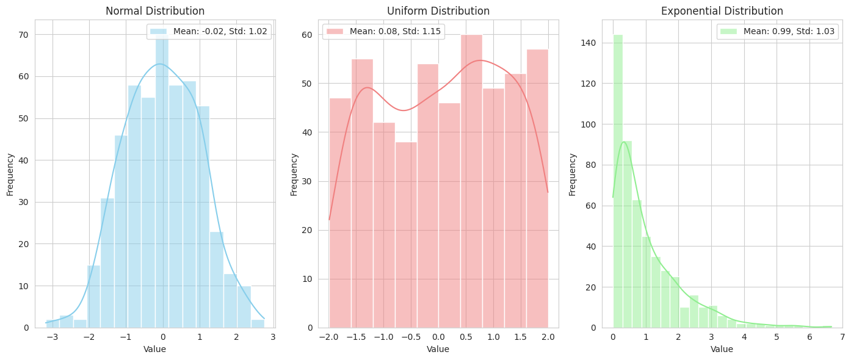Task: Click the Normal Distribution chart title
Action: point(155,11)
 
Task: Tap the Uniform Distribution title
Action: point(438,11)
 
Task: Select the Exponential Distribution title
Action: point(722,11)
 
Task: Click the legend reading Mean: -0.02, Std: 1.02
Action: point(209,32)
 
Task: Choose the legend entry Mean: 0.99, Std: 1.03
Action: point(778,32)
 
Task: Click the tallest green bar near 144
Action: point(618,183)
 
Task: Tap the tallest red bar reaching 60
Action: point(471,183)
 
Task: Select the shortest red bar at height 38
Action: point(406,238)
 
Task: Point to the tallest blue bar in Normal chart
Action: point(162,183)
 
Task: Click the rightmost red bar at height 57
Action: point(537,189)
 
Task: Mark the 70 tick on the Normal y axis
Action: point(25,35)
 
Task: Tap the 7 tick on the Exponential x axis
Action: point(842,337)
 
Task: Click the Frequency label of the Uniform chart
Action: point(294,174)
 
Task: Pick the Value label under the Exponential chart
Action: point(722,349)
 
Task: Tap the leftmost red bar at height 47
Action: point(340,214)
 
